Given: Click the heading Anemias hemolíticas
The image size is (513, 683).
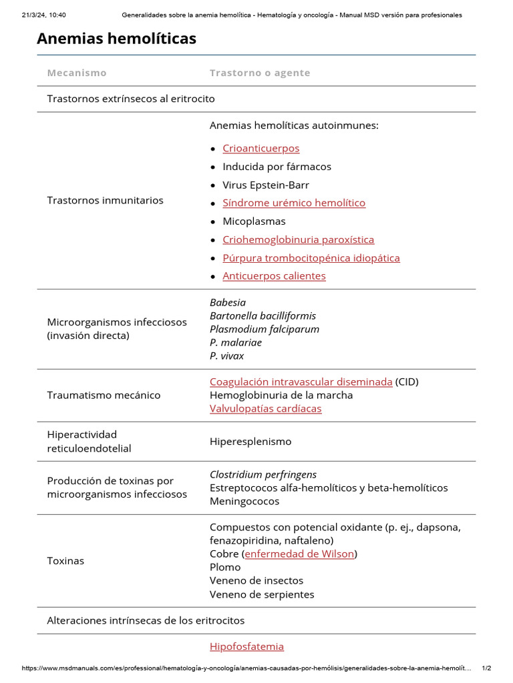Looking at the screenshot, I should pos(116,39).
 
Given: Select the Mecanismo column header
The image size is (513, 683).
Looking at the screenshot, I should pos(77,73).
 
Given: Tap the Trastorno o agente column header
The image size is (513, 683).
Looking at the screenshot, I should pos(260,73).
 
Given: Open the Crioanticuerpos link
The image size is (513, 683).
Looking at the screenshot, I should pos(261,148).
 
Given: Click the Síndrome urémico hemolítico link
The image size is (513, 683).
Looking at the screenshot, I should pos(294,203).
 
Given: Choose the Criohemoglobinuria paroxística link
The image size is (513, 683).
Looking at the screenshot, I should pos(298,239).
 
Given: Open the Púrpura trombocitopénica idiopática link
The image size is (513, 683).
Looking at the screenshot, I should pos(311,257).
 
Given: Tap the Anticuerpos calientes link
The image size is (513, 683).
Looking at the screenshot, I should pos(274,275).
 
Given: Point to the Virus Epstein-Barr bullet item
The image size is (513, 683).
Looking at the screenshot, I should pos(266,185).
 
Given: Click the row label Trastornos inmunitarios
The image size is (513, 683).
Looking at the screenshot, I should pos(105,200).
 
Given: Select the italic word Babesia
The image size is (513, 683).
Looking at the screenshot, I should pos(228,302).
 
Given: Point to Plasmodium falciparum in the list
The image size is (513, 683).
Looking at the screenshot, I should pos(265,329).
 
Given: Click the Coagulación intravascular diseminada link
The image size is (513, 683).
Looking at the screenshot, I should pos(301,382).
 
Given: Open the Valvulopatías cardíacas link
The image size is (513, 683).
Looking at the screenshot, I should pos(265,408).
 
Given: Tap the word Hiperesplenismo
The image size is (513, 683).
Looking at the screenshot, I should pos(250,442).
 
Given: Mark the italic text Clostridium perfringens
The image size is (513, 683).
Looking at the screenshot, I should pos(263,474).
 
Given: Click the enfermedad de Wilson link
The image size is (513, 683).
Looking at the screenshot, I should pos(299,554).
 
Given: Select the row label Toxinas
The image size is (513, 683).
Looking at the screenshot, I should pos(65,561).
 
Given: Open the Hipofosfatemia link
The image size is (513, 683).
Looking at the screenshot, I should pos(246,646).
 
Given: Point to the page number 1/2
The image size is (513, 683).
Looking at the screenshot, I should pos(486,668).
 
